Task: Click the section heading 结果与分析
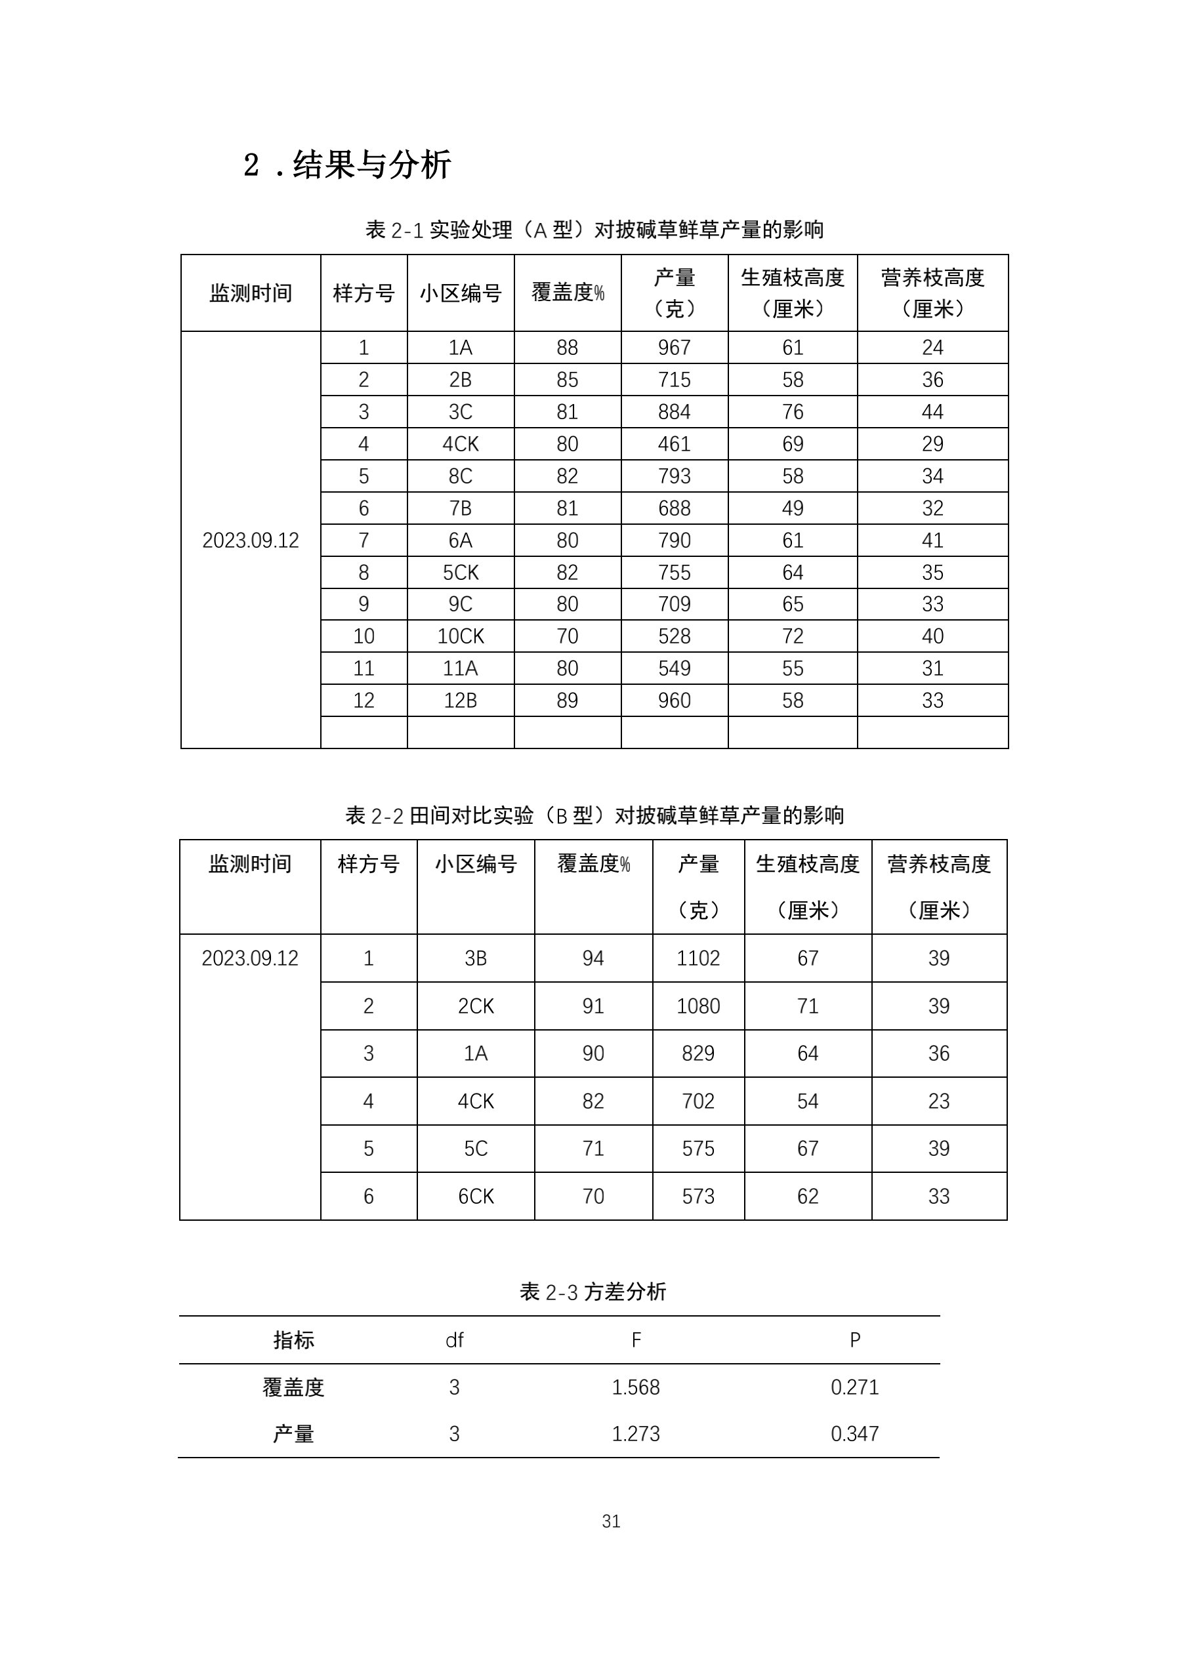[x=371, y=165]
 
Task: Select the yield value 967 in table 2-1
[x=673, y=347]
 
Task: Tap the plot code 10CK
[x=460, y=636]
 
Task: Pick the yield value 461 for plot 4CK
[x=673, y=443]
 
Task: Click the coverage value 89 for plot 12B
[x=566, y=700]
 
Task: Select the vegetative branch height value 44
[x=932, y=411]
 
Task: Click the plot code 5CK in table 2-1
[x=460, y=572]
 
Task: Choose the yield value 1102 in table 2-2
[x=698, y=958]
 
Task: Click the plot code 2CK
[x=475, y=1006]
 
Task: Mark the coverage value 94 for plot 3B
[x=592, y=958]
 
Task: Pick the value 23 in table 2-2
[x=938, y=1101]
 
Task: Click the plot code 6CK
[x=475, y=1197]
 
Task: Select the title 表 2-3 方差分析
[x=592, y=1292]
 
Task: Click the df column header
[x=454, y=1340]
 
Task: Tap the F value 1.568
[x=635, y=1387]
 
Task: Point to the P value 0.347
[x=854, y=1434]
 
